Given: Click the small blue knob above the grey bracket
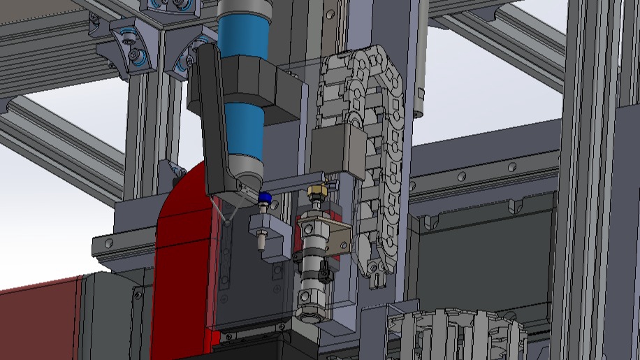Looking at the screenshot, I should [265, 199].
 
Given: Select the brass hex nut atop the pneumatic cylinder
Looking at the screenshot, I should [318, 191].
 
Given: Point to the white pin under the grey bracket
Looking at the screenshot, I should [261, 241].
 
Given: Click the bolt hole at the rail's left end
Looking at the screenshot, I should [108, 243].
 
